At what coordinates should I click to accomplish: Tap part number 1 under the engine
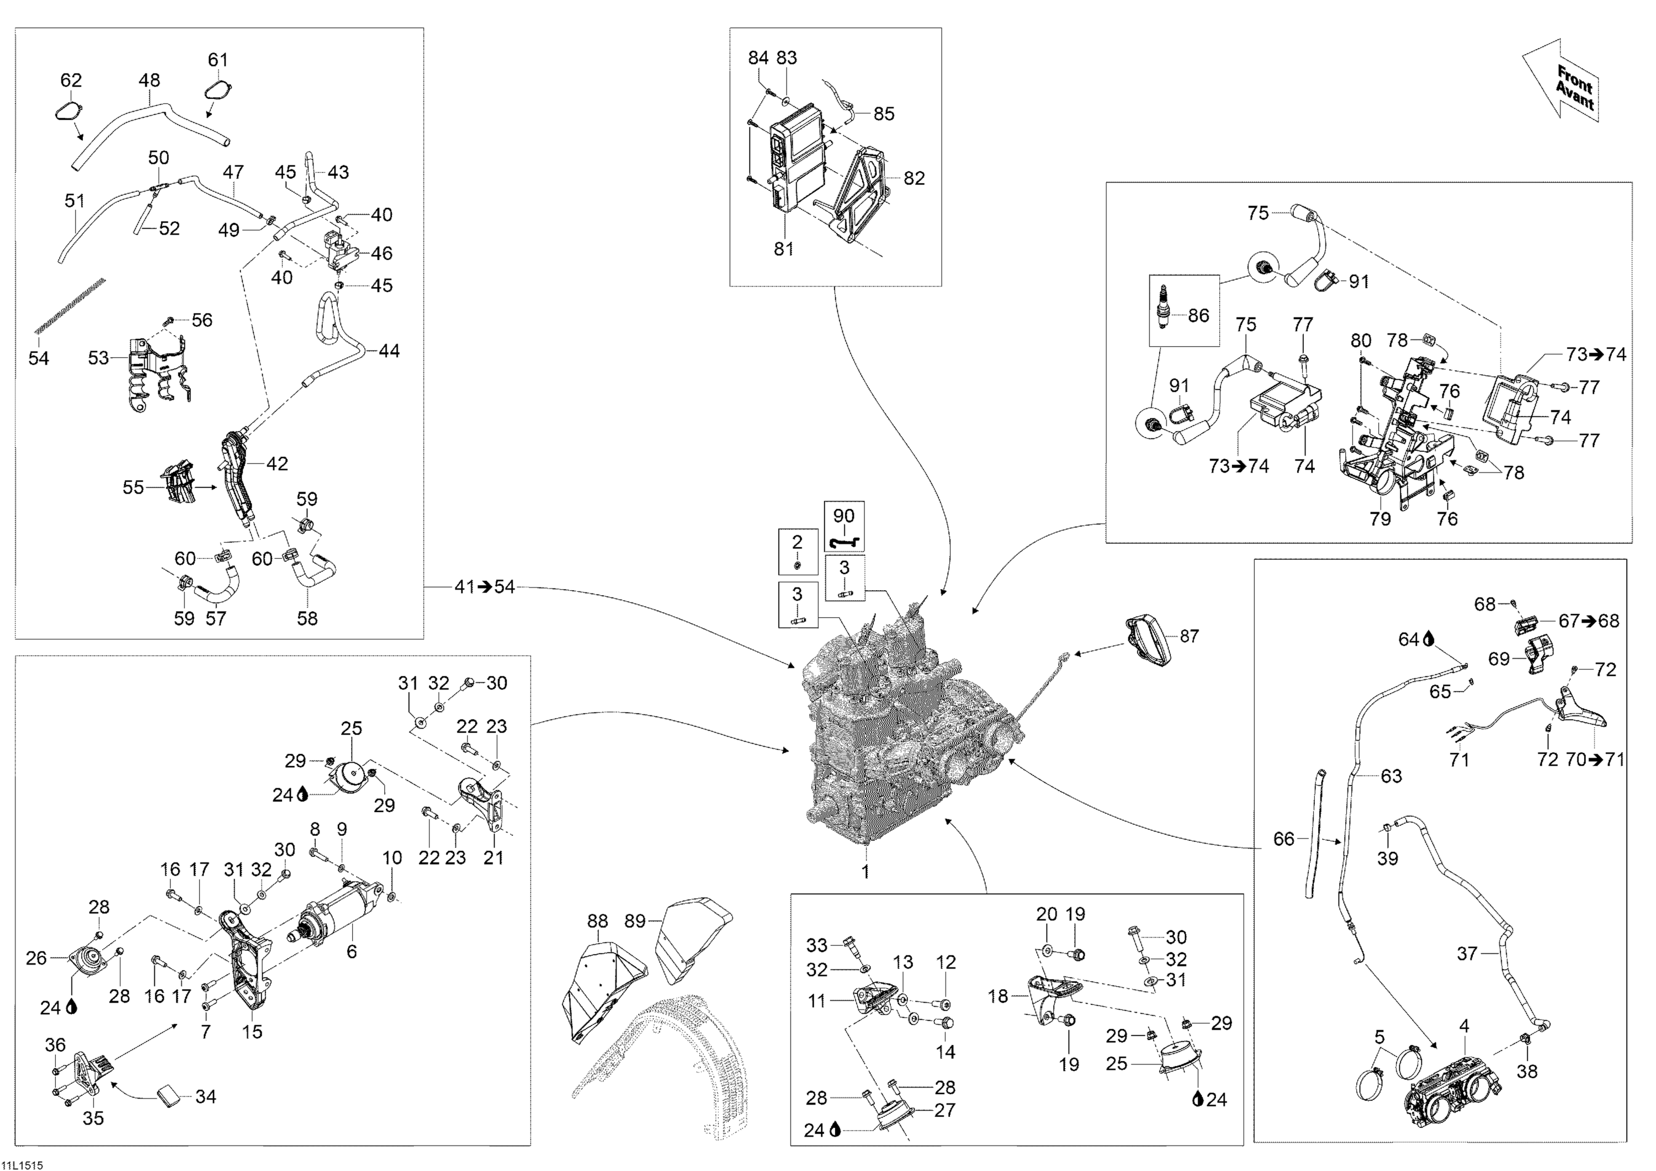866,872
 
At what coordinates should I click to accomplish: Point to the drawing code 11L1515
23,1164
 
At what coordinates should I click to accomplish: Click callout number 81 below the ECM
783,249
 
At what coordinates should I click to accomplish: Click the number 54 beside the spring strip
38,358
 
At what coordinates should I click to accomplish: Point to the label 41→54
485,587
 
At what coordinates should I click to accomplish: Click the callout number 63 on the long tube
1391,776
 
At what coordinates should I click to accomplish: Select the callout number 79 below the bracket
1380,519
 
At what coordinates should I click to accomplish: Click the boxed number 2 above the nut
797,542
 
